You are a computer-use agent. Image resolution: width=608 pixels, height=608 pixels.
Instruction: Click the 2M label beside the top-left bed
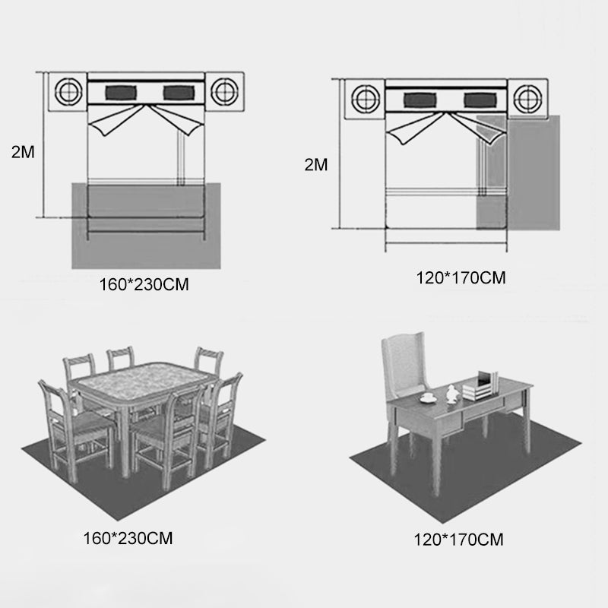pyautogui.click(x=23, y=152)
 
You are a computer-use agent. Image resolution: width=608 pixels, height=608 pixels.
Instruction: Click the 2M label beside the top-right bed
pyautogui.click(x=316, y=165)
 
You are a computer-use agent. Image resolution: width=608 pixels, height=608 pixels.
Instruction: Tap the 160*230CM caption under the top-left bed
pyautogui.click(x=144, y=284)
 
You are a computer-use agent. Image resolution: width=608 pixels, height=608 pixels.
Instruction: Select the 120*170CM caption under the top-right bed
pyautogui.click(x=461, y=278)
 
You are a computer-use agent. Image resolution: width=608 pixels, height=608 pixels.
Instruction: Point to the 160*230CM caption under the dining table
pyautogui.click(x=128, y=538)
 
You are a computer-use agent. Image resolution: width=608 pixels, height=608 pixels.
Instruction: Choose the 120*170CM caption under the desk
pyautogui.click(x=459, y=540)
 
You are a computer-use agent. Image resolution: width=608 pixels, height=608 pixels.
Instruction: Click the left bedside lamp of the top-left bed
pyautogui.click(x=68, y=92)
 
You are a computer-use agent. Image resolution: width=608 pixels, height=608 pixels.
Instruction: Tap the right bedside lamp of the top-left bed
pyautogui.click(x=224, y=92)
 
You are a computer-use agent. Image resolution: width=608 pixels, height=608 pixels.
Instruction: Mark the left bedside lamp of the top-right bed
pyautogui.click(x=366, y=99)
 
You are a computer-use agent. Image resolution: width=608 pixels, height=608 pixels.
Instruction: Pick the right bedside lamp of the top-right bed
pyautogui.click(x=527, y=99)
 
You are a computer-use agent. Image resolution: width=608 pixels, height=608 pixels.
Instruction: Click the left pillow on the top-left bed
pyautogui.click(x=121, y=93)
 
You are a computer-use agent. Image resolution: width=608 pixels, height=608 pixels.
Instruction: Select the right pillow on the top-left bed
pyautogui.click(x=179, y=93)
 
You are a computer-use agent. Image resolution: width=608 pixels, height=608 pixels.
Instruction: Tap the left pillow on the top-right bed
pyautogui.click(x=420, y=100)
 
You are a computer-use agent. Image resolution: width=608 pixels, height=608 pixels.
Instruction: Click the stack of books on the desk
pyautogui.click(x=480, y=387)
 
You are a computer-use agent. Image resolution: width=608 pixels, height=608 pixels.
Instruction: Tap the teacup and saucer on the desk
pyautogui.click(x=428, y=397)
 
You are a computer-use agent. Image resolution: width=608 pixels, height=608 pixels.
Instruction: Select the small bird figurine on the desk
pyautogui.click(x=451, y=394)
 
